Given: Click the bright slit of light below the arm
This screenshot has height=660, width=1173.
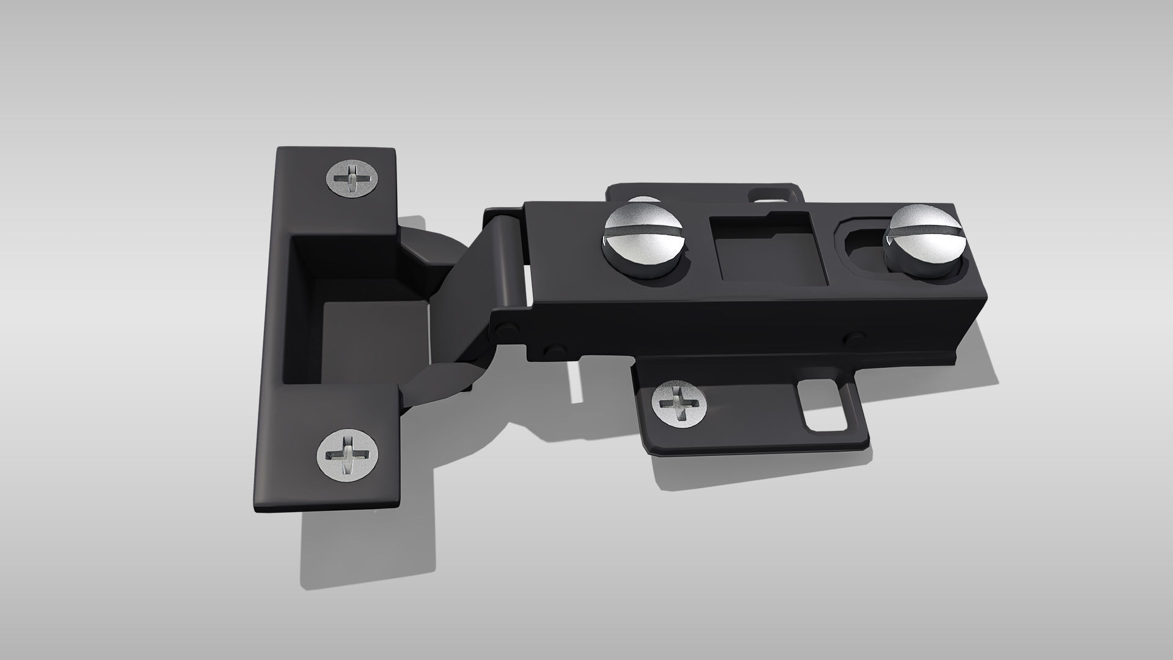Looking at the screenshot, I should click(575, 382).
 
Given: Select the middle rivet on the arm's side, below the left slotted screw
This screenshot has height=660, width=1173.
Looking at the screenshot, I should click(555, 351).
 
